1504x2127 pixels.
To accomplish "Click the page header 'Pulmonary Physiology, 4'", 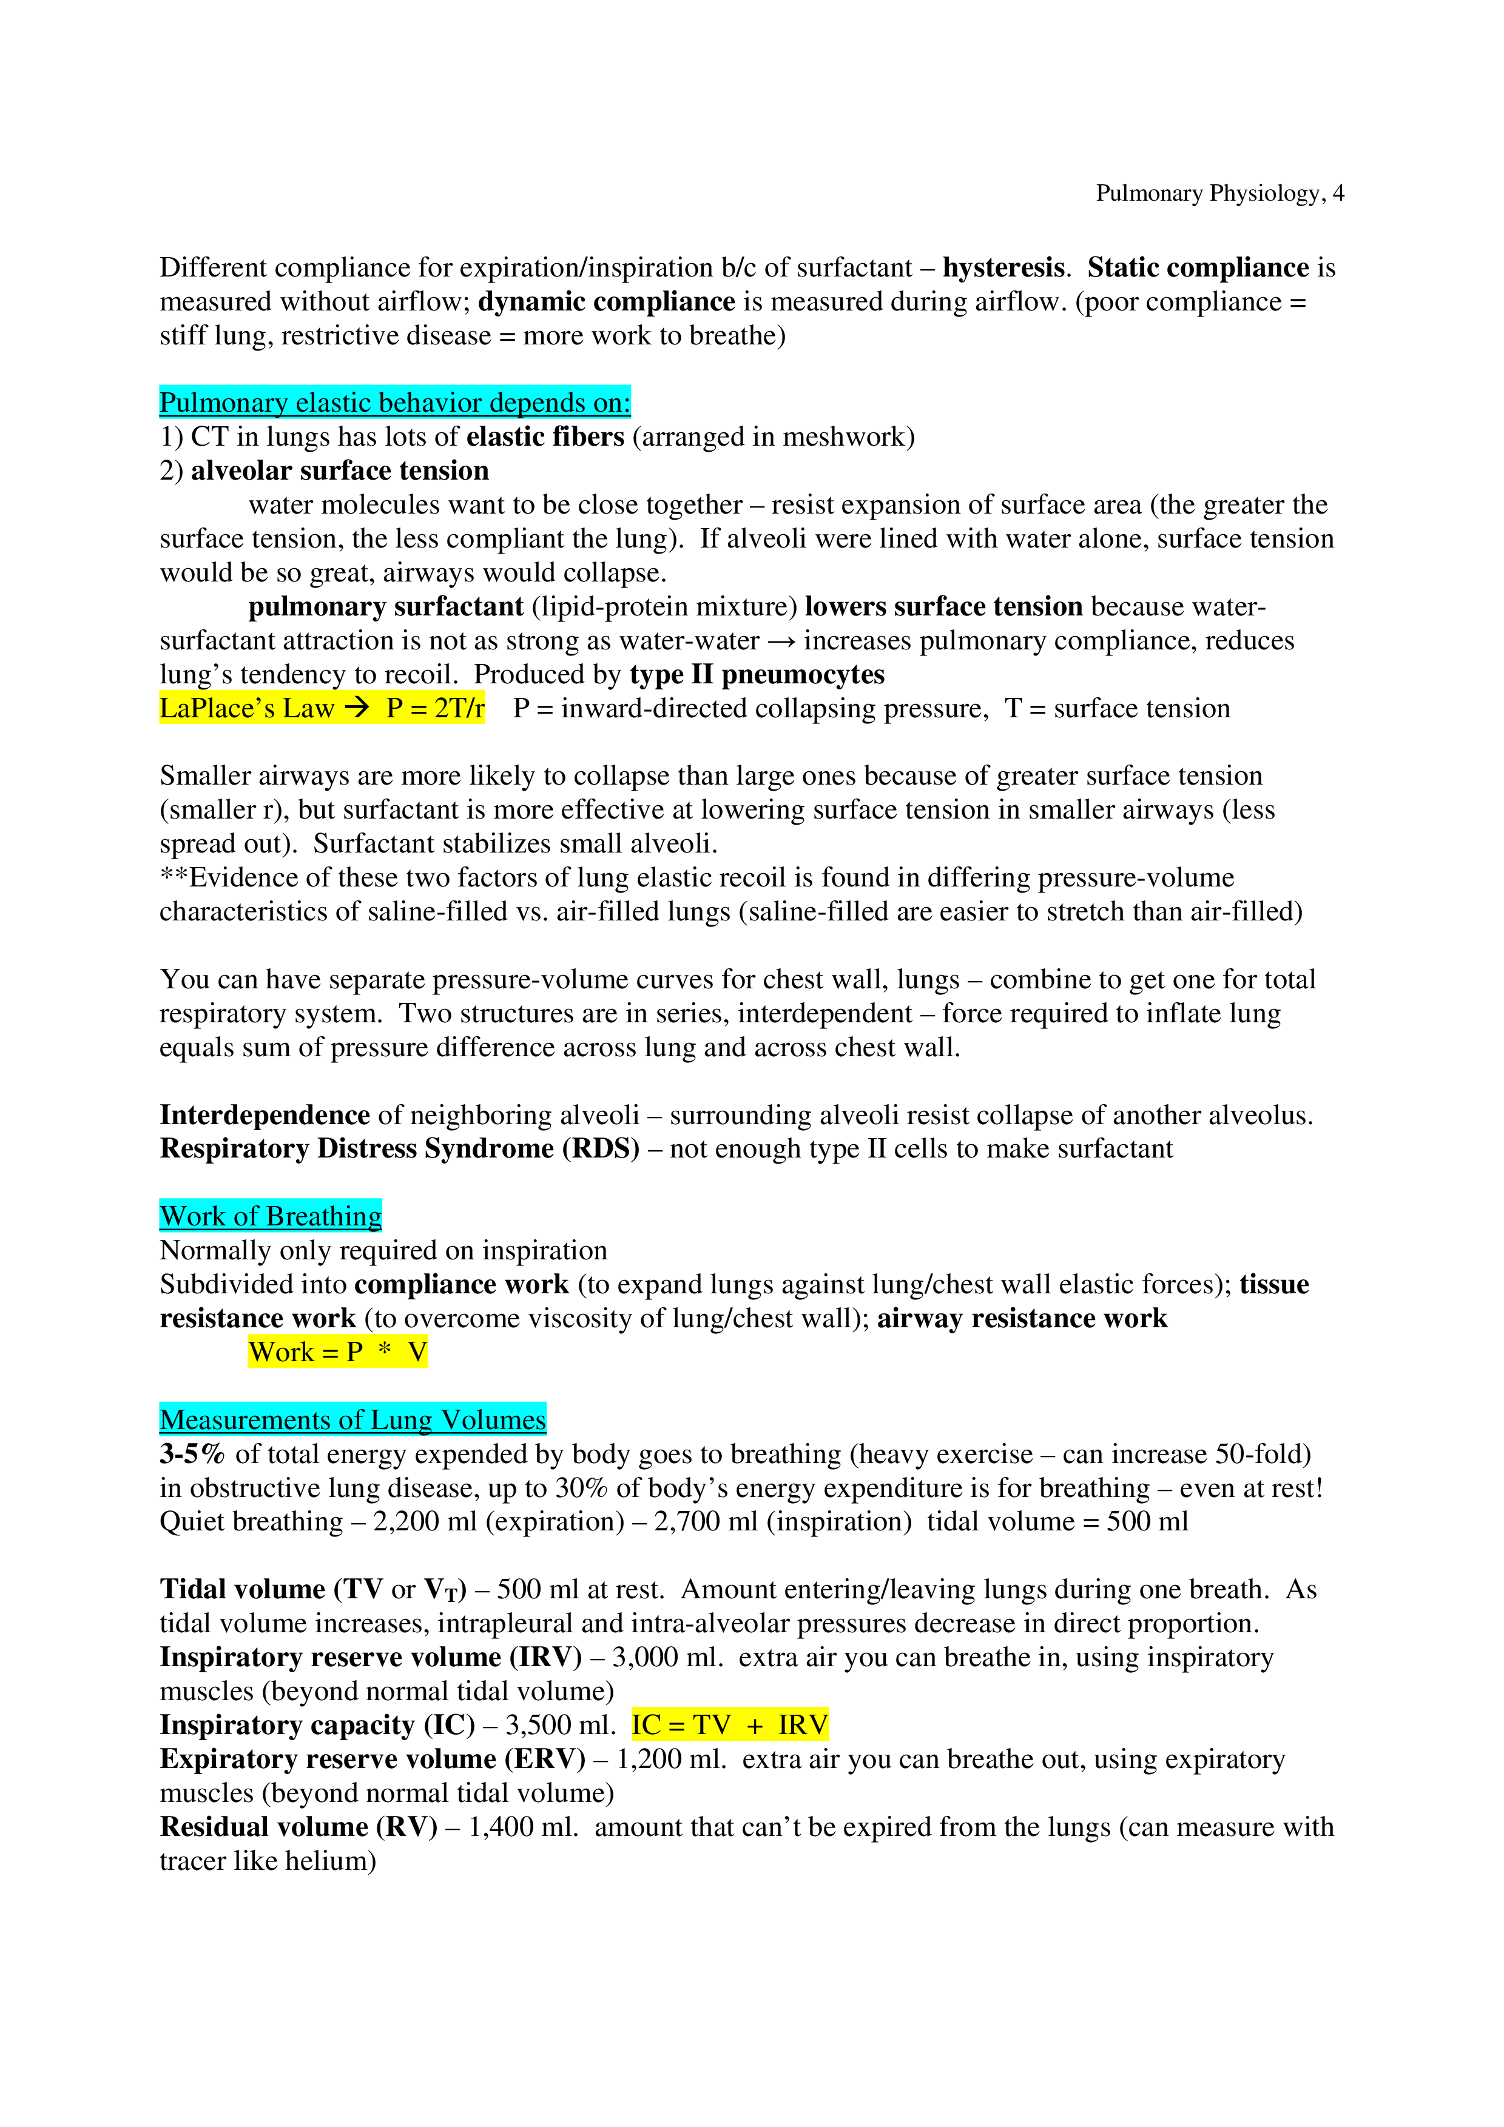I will [1219, 193].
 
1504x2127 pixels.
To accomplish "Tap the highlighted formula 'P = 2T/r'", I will [434, 709].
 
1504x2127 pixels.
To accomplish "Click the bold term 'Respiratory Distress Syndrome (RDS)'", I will [399, 1149].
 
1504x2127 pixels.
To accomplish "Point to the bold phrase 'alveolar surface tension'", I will [340, 471].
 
